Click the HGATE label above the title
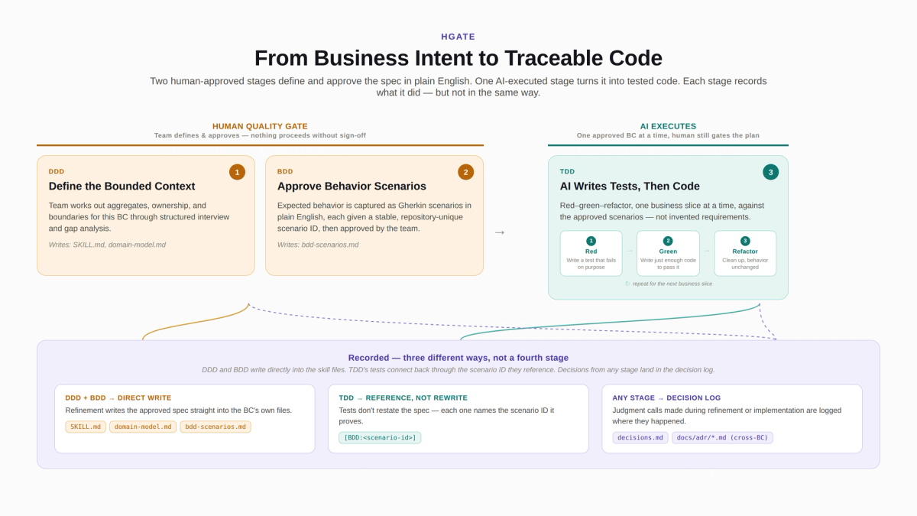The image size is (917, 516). point(458,37)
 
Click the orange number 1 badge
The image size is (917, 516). point(237,172)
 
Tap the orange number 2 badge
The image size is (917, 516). point(465,172)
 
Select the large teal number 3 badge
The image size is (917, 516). point(770,172)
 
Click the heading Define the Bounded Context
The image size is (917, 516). point(122,187)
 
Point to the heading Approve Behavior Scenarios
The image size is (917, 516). point(352,187)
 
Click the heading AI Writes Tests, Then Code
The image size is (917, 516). point(630,187)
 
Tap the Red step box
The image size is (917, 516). point(591,254)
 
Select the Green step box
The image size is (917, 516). point(668,254)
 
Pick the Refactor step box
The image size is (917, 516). point(745,254)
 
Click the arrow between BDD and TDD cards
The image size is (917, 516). point(500,232)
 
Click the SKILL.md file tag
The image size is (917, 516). point(86,427)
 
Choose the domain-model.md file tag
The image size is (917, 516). point(143,427)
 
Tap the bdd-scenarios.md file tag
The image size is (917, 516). point(215,427)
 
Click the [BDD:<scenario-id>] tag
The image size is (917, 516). point(380,438)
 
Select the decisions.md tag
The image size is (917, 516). point(640,438)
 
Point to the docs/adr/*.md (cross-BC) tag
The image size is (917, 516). point(722,438)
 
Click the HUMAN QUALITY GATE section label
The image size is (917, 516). point(260,127)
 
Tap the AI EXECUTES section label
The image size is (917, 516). point(668,127)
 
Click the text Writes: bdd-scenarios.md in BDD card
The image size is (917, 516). point(318,245)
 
